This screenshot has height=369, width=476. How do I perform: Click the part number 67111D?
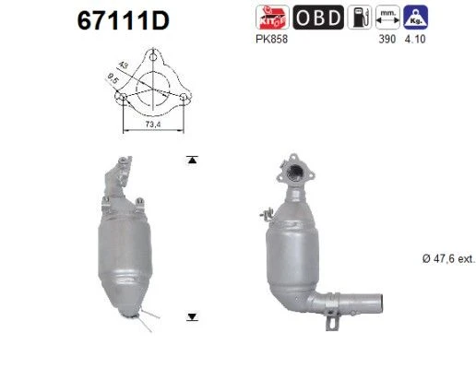tap(123, 21)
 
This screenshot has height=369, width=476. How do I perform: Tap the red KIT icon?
tap(272, 18)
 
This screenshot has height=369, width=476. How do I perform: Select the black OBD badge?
tap(318, 18)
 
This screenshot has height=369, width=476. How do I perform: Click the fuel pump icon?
tap(360, 18)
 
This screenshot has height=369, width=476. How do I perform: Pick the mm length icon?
tap(387, 18)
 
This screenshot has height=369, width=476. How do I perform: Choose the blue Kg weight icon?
tap(416, 18)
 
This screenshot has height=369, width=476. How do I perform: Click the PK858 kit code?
tap(272, 40)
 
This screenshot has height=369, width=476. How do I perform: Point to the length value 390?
tap(387, 40)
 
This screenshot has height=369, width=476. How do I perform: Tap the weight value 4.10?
tap(415, 40)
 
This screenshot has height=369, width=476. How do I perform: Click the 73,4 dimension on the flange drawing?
tap(153, 125)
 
